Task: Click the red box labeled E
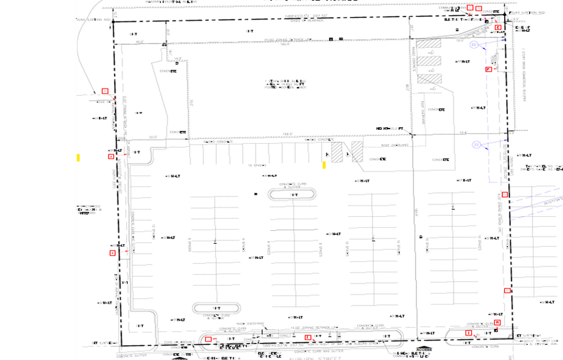498,28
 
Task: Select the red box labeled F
488,70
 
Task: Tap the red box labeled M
497,322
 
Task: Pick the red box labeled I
469,332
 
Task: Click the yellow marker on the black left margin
78,157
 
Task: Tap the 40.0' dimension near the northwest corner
140,42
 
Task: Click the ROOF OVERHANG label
394,146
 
